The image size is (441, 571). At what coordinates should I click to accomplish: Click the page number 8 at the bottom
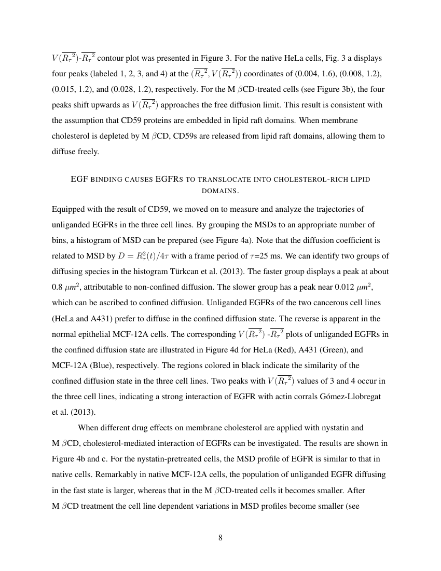pos(220,537)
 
